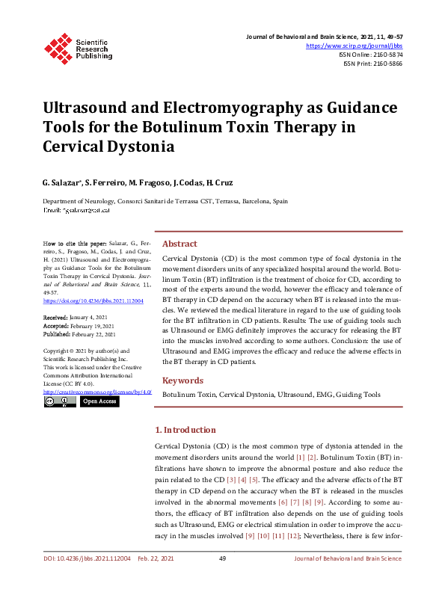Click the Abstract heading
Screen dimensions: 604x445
click(x=179, y=244)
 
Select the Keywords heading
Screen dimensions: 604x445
click(x=182, y=380)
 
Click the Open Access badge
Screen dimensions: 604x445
click(x=99, y=401)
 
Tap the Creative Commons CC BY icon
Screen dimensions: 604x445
click(x=60, y=401)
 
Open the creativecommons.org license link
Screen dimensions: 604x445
click(x=97, y=391)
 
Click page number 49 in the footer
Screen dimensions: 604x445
click(x=222, y=579)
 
